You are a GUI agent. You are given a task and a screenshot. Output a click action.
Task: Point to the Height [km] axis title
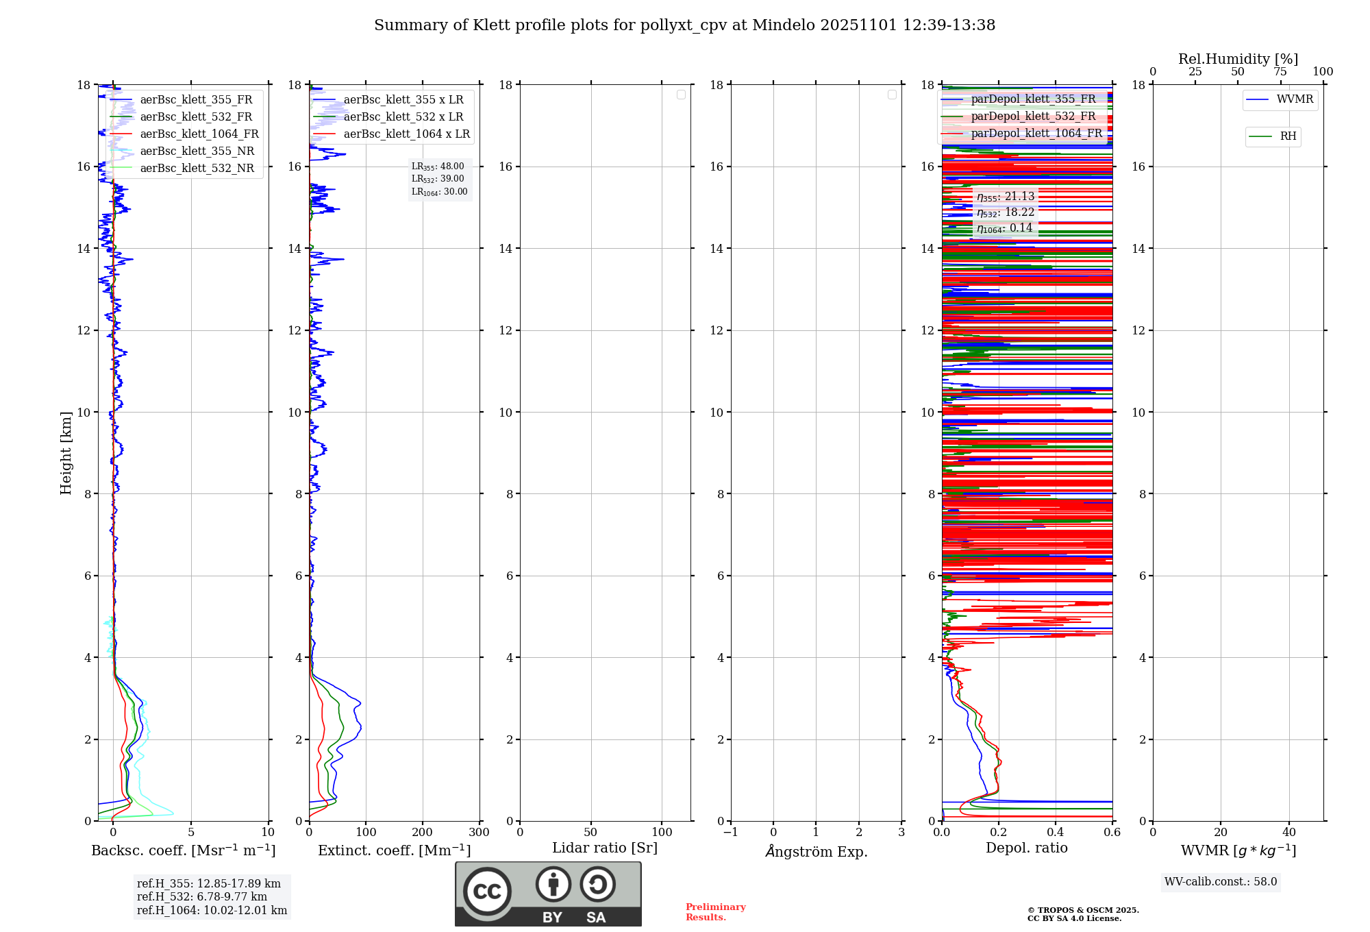(x=66, y=453)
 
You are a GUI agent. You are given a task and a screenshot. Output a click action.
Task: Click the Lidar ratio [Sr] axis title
(x=605, y=848)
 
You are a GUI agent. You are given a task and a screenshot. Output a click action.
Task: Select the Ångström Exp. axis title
(x=816, y=851)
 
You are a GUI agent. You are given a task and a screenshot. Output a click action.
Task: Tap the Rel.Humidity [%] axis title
(x=1238, y=59)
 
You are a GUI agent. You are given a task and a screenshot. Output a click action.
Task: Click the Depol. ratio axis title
(x=1026, y=848)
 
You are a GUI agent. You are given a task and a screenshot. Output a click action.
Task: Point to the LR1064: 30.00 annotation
(x=439, y=192)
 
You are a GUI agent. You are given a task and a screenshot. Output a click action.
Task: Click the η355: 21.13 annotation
(x=1005, y=197)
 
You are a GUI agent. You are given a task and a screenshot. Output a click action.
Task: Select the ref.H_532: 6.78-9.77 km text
(x=201, y=896)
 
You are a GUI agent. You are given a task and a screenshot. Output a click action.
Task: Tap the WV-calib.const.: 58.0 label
(x=1221, y=881)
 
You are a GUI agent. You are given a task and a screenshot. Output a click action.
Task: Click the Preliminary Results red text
(x=715, y=911)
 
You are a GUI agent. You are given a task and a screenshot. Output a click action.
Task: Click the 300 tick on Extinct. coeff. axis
(x=480, y=832)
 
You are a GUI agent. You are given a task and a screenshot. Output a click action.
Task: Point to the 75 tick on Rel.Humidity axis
(x=1280, y=71)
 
